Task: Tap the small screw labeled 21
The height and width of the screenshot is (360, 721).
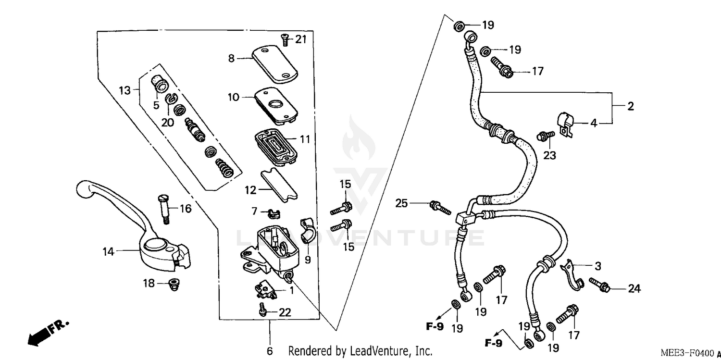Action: [285, 40]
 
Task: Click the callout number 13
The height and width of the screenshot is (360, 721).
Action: [124, 90]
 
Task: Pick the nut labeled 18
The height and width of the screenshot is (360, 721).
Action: [171, 284]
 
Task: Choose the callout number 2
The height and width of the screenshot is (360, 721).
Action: [630, 107]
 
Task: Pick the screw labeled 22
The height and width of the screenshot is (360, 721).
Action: [262, 310]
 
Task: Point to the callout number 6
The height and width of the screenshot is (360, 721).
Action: [270, 350]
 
